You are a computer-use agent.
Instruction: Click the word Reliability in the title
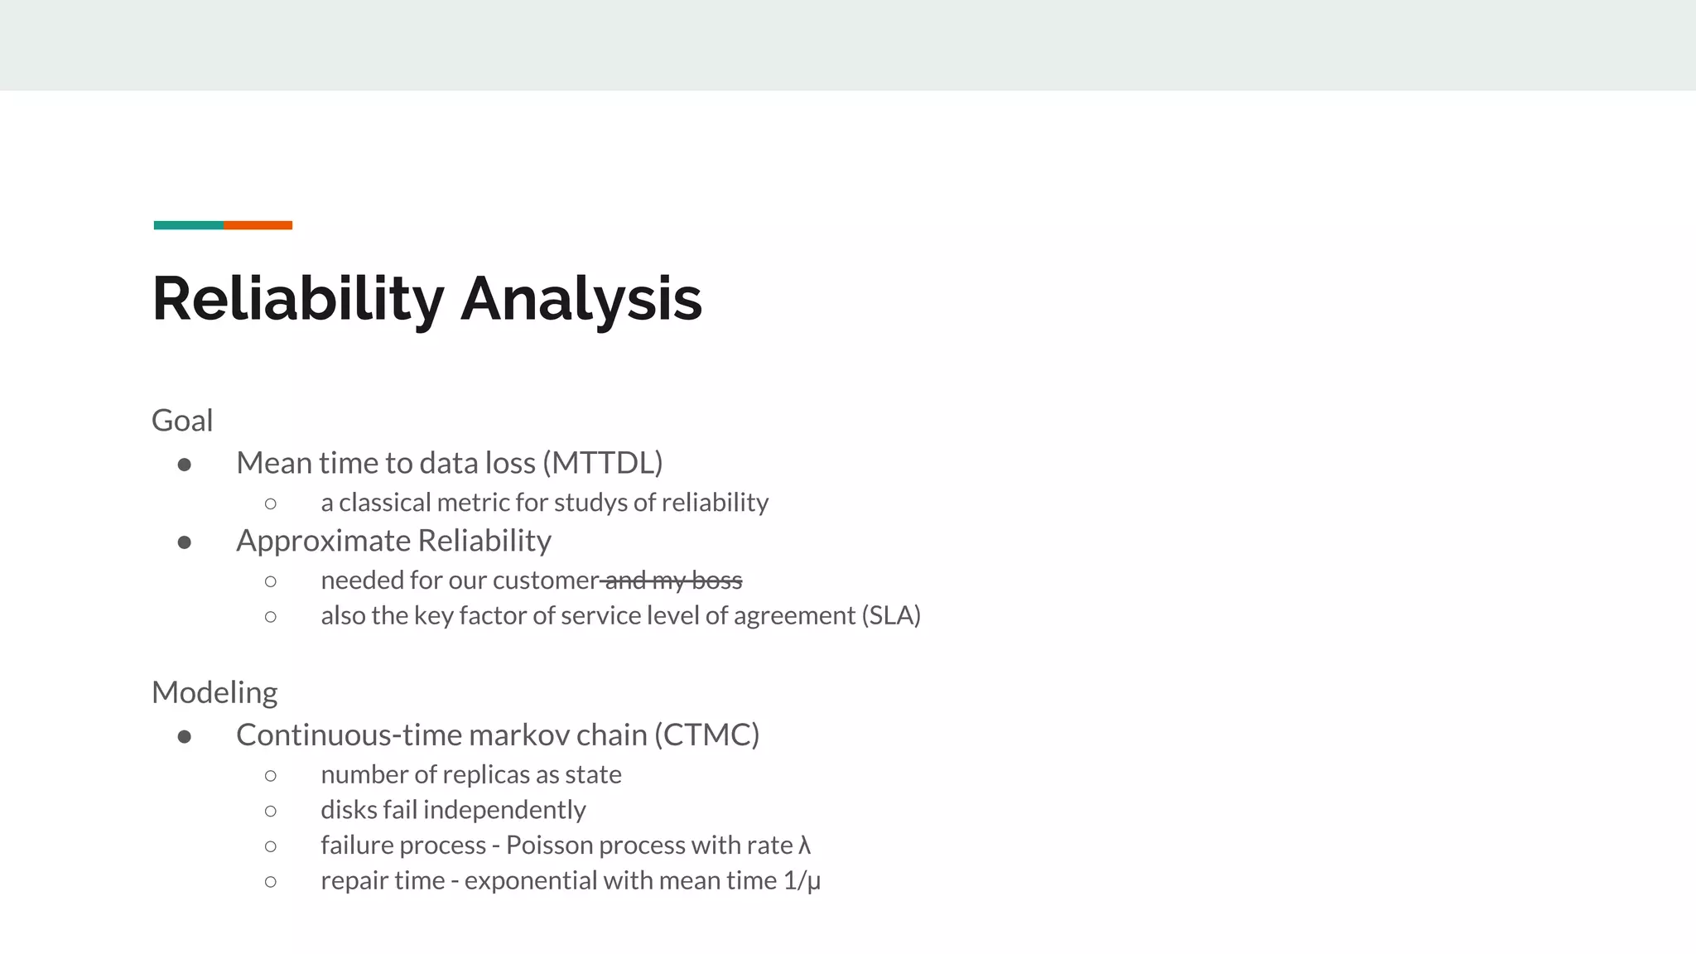coord(298,299)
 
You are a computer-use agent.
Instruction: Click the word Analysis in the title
coord(581,299)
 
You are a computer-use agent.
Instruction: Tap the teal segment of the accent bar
coord(189,225)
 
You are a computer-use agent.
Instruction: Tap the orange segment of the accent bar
coord(258,225)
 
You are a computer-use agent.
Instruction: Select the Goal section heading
coord(182,421)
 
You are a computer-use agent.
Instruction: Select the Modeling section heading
coord(214,692)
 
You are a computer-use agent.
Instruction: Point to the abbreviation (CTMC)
coord(706,735)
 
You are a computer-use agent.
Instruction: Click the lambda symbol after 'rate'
coord(804,846)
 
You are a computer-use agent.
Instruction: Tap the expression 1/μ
coord(802,880)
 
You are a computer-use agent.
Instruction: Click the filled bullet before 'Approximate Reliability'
coord(185,542)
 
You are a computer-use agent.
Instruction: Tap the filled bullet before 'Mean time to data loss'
coord(185,465)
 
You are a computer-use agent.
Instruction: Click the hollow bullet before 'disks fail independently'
coord(271,811)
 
